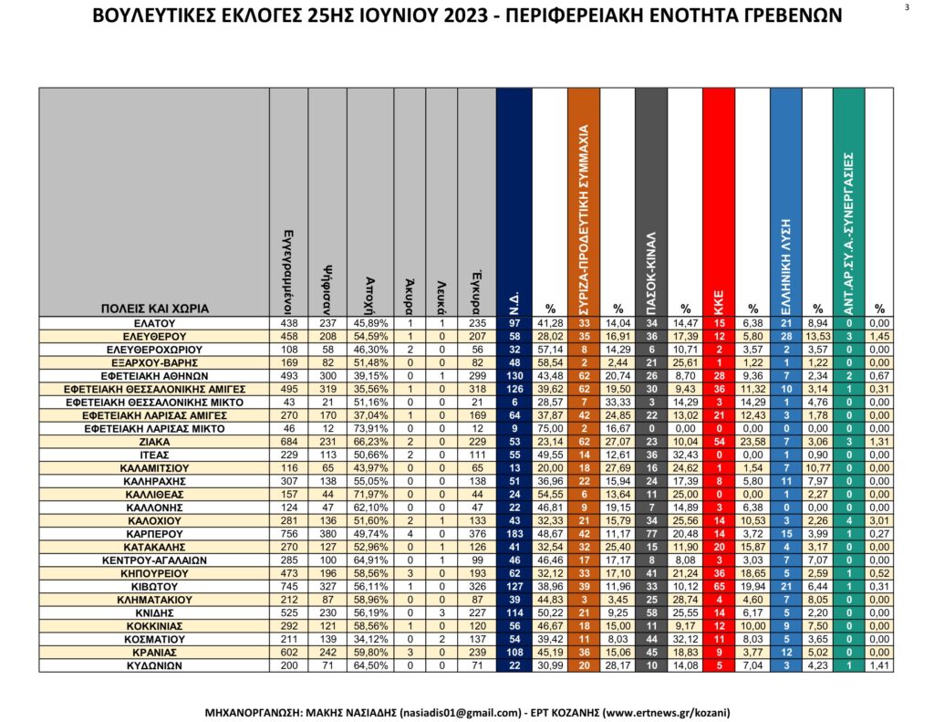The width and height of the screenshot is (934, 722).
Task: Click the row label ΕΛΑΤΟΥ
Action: pyautogui.click(x=154, y=323)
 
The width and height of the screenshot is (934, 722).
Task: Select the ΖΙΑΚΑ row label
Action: pyautogui.click(x=154, y=442)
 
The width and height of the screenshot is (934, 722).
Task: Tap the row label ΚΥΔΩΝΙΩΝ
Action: pyautogui.click(x=154, y=666)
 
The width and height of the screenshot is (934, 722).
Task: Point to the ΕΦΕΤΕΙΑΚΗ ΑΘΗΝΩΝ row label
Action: pyautogui.click(x=154, y=375)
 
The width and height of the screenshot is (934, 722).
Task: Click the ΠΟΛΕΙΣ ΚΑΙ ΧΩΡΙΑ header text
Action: pyautogui.click(x=154, y=309)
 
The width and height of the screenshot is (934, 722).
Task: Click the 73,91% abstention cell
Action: pyautogui.click(x=370, y=428)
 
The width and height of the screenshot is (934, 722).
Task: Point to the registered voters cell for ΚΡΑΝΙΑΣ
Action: pyautogui.click(x=288, y=654)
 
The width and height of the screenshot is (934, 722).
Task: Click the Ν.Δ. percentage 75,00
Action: pyautogui.click(x=550, y=428)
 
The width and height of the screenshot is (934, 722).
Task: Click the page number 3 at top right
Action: pyautogui.click(x=907, y=7)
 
